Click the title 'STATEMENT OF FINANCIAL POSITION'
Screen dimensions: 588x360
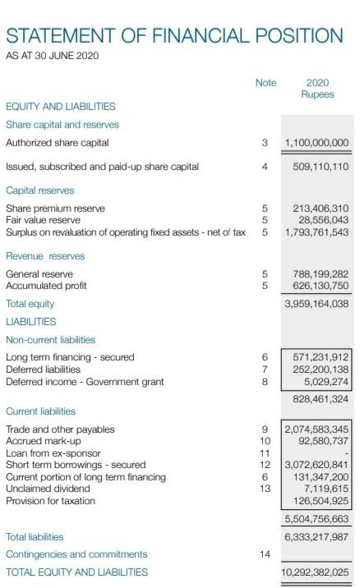[174, 36]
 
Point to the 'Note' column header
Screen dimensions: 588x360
[265, 82]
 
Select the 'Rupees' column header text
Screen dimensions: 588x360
[317, 94]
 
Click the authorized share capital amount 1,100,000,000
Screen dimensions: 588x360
[316, 143]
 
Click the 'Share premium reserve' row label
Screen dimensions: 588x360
[55, 209]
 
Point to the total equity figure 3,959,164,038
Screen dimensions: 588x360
[316, 304]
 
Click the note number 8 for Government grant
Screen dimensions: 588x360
[265, 381]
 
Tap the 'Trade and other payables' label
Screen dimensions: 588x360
[60, 430]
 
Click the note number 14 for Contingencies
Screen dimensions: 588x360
[265, 554]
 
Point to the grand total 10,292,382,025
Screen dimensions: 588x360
[315, 572]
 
